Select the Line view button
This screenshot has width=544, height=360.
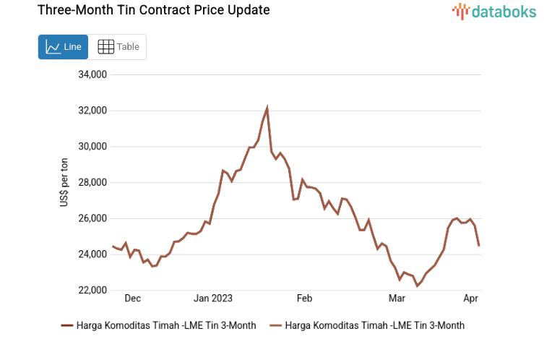(63, 47)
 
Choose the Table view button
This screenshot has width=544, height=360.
(118, 47)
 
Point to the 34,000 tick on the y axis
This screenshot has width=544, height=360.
(92, 74)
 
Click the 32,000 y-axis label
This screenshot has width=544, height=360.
(92, 111)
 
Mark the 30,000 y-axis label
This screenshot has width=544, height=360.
(92, 147)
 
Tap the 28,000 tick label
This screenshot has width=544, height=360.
(92, 183)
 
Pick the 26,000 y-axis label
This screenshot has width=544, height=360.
(92, 218)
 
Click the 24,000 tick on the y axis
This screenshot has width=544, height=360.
(92, 254)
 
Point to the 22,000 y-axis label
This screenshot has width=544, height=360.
(92, 291)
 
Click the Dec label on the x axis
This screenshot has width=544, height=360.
(132, 299)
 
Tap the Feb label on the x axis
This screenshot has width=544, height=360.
(303, 299)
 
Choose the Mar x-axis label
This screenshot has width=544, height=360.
(397, 299)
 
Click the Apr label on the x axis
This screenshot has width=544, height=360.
(470, 299)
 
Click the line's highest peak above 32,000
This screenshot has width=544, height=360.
(267, 108)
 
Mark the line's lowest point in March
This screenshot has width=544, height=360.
(417, 286)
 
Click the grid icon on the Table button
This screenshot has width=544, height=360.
(105, 47)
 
